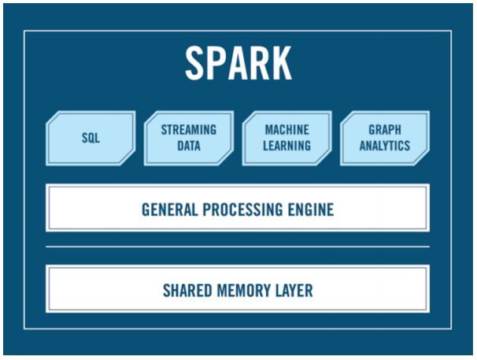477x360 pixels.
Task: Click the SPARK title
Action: [x=238, y=63]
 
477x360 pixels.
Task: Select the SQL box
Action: [x=91, y=139]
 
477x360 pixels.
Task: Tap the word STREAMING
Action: [x=189, y=130]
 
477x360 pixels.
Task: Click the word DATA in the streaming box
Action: [x=189, y=146]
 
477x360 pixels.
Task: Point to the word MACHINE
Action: [x=287, y=130]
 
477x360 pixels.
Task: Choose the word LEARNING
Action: [x=287, y=146]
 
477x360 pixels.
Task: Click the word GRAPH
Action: [x=385, y=130]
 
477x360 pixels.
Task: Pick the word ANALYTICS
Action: [x=385, y=146]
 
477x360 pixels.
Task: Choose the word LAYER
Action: [x=294, y=291]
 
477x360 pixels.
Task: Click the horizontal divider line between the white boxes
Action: [x=238, y=247]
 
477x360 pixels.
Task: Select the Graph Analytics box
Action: [x=385, y=139]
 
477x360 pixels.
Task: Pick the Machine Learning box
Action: [x=287, y=139]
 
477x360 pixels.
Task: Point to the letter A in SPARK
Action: [x=238, y=63]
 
